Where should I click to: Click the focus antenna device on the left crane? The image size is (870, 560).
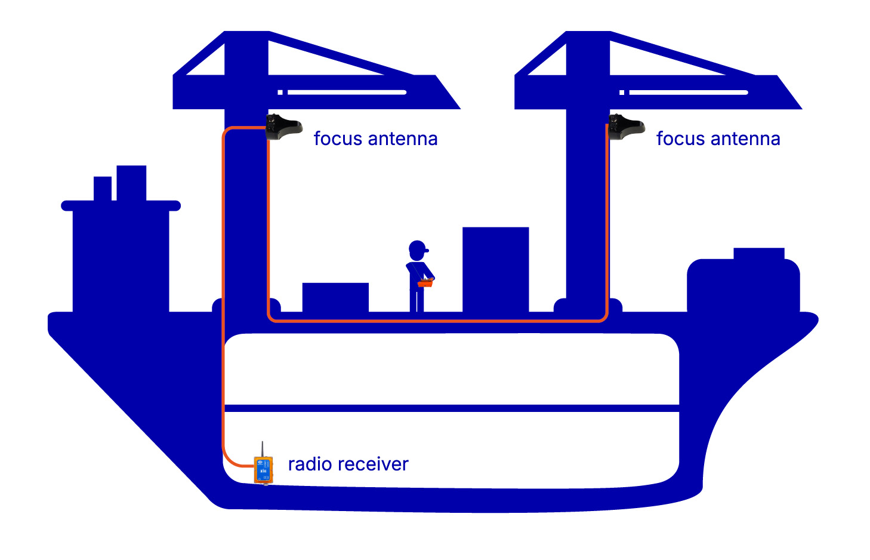282,127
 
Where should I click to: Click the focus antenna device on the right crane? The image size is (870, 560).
625,127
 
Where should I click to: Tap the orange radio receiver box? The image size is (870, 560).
263,470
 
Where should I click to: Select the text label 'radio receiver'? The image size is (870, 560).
348,464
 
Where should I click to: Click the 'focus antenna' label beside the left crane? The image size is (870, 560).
375,139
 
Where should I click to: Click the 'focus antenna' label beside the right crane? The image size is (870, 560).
718,139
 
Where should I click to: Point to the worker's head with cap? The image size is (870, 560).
418,249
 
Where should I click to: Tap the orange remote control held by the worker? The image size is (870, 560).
425,282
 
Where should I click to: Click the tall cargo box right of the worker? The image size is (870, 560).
495,269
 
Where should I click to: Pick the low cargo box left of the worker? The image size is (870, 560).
335,297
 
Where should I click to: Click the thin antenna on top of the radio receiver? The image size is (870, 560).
263,449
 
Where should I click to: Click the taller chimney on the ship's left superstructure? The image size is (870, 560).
131,183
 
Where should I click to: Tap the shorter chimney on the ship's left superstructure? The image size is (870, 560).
103,188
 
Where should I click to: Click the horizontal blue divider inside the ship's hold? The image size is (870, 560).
451,408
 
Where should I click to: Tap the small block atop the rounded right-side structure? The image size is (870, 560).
758,253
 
